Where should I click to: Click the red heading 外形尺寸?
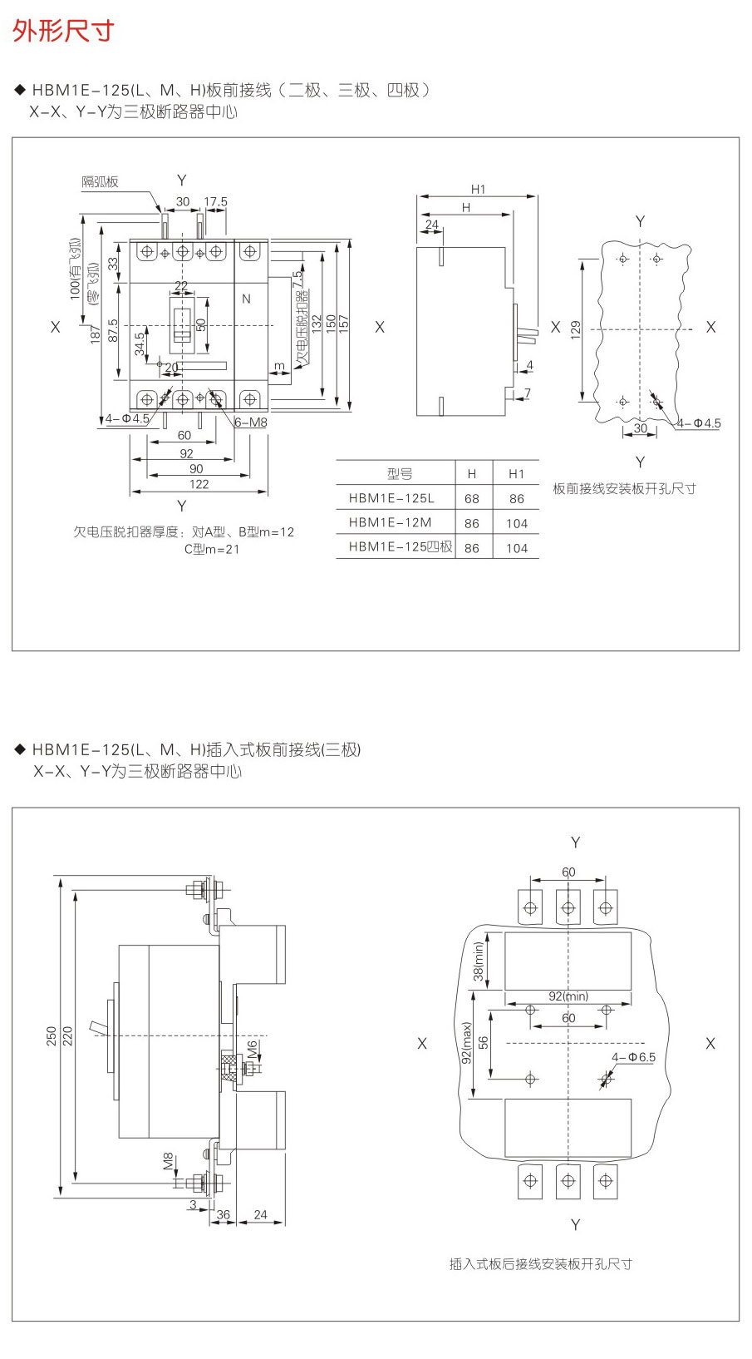(62, 31)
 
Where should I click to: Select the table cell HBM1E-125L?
(391, 498)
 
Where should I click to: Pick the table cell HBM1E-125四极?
(401, 546)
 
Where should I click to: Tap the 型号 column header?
(400, 473)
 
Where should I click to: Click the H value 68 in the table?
(472, 498)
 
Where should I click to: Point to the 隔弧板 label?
(100, 182)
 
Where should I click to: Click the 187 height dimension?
(95, 334)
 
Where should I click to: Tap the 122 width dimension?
(199, 484)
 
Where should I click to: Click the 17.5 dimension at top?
(215, 201)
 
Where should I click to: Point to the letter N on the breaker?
(246, 299)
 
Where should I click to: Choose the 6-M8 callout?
(250, 423)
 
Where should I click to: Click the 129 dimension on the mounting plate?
(575, 329)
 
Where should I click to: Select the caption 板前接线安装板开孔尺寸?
(624, 488)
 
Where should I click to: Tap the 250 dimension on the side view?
(52, 1035)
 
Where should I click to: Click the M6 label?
(252, 1050)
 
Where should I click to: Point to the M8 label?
(168, 1161)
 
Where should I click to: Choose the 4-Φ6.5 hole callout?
(633, 1057)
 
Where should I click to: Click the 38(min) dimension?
(478, 961)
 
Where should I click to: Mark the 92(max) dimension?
(466, 1043)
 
